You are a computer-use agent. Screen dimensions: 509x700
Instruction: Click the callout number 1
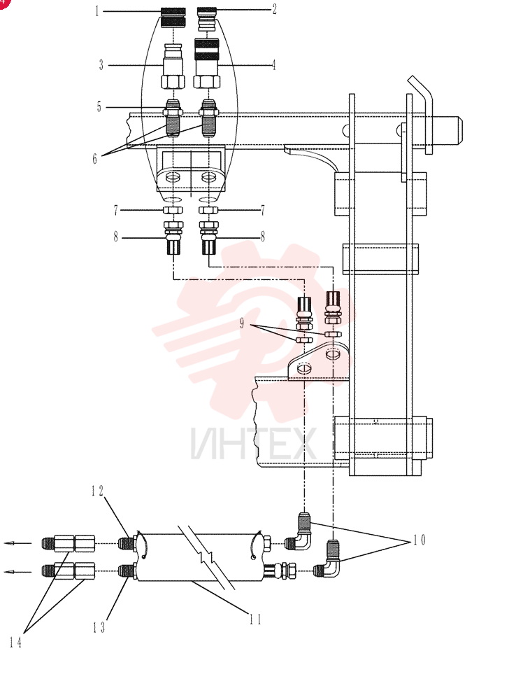96,10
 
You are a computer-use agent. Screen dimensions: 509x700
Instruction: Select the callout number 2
275,9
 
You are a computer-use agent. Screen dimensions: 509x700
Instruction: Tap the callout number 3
101,65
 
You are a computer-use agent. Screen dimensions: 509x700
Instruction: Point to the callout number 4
273,65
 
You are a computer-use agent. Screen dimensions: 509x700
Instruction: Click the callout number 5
99,106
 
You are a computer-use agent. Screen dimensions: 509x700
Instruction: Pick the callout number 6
94,158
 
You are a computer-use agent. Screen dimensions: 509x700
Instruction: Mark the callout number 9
242,323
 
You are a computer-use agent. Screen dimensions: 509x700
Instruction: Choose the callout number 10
420,540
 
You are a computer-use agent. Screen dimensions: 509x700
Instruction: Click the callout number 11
255,619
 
